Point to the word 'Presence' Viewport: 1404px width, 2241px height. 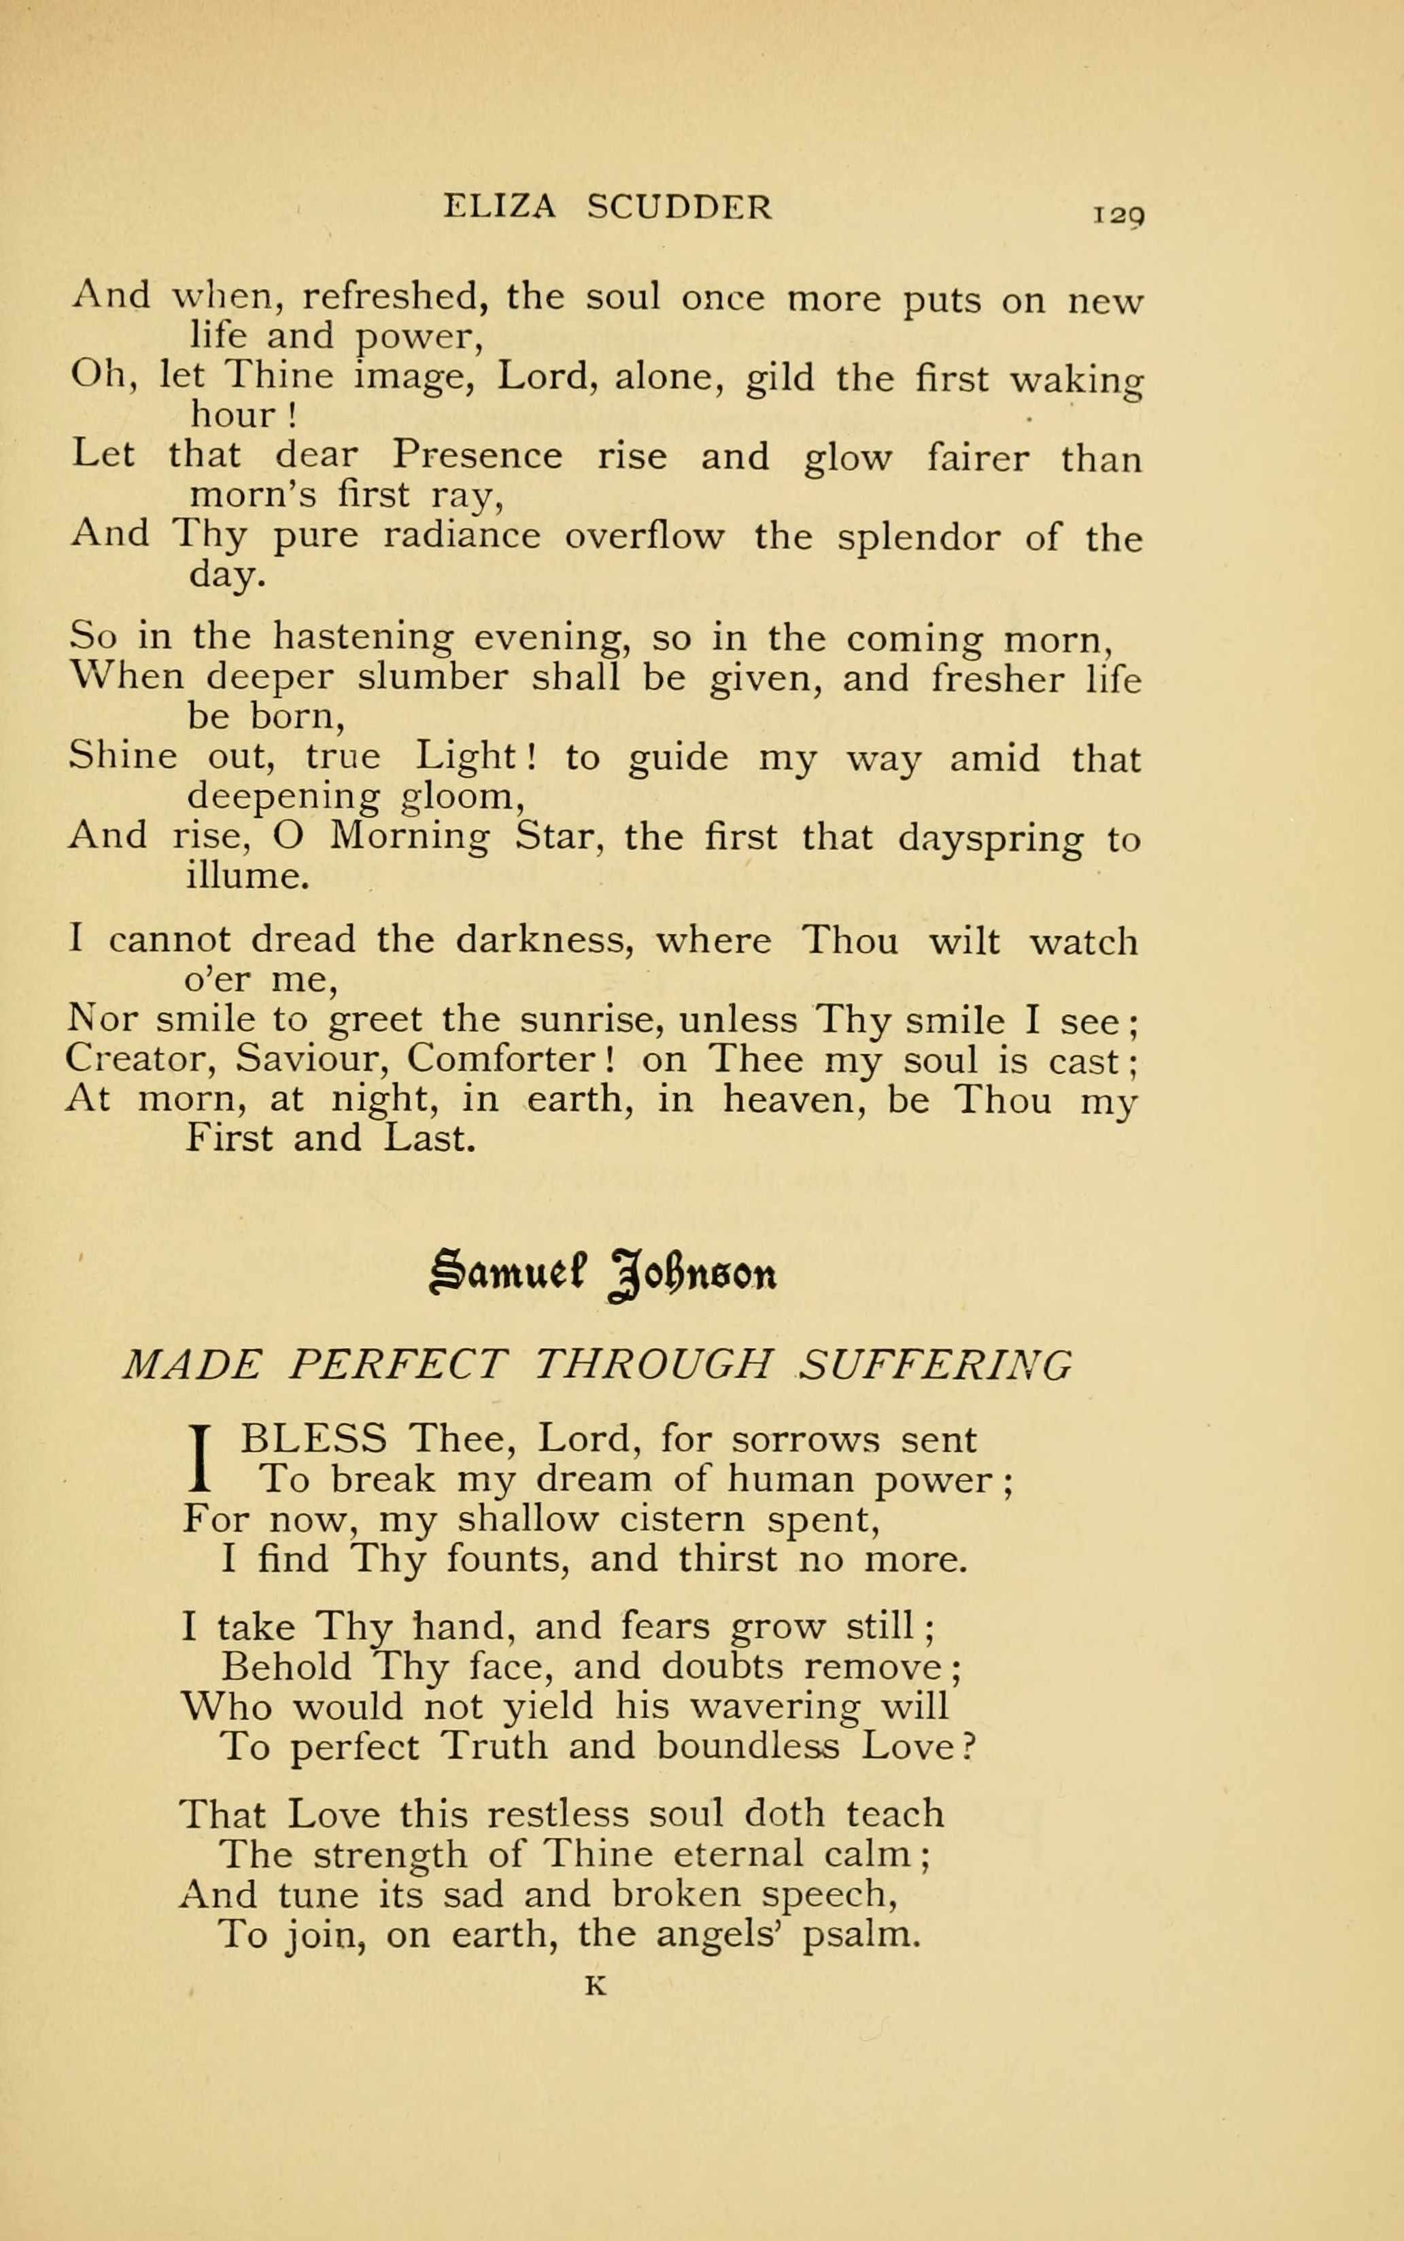coord(477,456)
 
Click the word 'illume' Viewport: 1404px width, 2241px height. coord(246,876)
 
